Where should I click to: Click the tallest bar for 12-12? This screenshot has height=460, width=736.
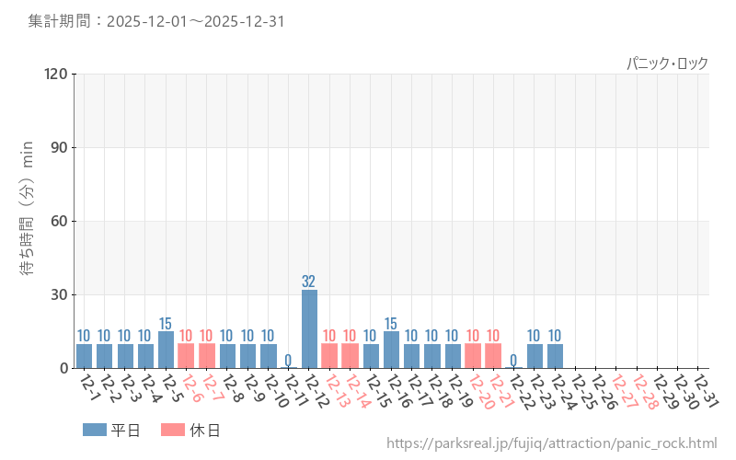(x=309, y=329)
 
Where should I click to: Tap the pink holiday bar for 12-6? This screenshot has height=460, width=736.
(x=186, y=356)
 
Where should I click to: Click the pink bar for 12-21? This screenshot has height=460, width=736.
(x=493, y=356)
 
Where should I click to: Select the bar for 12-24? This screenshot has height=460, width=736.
(x=555, y=356)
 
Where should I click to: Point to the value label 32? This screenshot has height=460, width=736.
(x=309, y=282)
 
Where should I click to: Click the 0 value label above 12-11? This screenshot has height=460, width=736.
(x=288, y=360)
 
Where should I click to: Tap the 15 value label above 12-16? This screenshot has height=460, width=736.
(x=391, y=324)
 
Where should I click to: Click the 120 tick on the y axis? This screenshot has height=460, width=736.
(x=56, y=74)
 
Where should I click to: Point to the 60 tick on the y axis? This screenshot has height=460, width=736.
(x=60, y=221)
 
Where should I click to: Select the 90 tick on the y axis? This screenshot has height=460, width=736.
(x=60, y=147)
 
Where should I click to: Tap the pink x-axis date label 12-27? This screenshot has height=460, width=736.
(x=622, y=392)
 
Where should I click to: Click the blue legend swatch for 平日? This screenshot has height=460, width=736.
(x=95, y=430)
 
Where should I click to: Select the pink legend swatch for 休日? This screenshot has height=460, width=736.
(x=173, y=430)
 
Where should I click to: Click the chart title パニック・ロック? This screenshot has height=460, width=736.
(x=667, y=63)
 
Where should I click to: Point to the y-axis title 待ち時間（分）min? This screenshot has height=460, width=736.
(x=28, y=221)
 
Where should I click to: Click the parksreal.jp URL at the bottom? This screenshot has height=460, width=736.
(x=551, y=443)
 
